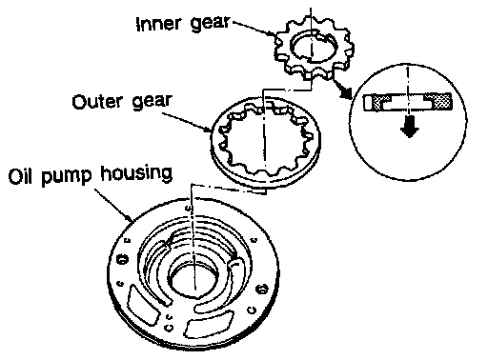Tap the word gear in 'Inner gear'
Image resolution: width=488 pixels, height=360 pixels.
pos(210,24)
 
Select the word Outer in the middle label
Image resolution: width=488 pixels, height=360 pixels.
pos(97,102)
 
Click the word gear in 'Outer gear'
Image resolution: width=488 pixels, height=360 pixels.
pos(152,102)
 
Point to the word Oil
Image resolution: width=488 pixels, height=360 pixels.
pos(21,176)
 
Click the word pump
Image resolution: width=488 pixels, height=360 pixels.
pos(66,176)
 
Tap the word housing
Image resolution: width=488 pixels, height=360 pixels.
pos(136,174)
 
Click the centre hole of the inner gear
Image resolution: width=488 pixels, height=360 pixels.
pos(313,47)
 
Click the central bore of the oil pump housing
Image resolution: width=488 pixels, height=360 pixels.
pos(193,281)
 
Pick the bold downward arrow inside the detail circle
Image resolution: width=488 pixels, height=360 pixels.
pos(409,127)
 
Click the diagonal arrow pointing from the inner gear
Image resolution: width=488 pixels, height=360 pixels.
pos(342,90)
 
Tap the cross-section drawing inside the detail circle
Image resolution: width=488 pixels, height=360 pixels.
pos(408,102)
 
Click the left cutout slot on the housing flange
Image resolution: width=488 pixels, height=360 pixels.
pos(143,304)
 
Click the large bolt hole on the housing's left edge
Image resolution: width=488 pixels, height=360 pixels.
pos(122,259)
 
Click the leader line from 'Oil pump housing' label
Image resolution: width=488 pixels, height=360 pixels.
pos(113,205)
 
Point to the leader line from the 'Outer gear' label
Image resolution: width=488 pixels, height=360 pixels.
pos(187,121)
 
